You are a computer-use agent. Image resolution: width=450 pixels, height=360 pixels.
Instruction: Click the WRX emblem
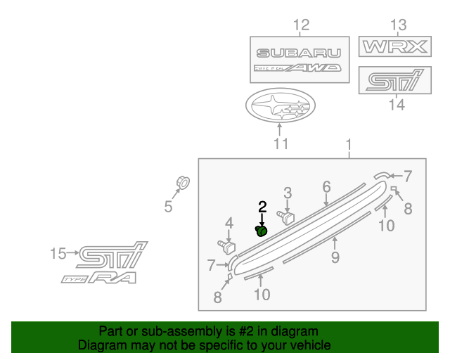click(x=394, y=48)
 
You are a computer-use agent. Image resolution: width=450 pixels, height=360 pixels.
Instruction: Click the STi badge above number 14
click(x=395, y=80)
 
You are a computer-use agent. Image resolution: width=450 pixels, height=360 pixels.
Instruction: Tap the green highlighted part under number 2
click(x=261, y=231)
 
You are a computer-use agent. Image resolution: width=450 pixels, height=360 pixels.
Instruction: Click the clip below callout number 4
click(x=228, y=247)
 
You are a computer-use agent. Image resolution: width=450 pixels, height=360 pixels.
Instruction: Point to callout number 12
click(x=301, y=27)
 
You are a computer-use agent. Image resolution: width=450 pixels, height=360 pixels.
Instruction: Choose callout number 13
click(x=398, y=26)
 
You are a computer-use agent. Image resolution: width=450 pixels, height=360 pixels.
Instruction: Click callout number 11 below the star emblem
click(x=281, y=145)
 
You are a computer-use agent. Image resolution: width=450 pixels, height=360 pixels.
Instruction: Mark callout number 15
click(x=57, y=252)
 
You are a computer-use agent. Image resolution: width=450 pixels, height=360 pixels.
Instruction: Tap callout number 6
click(x=326, y=186)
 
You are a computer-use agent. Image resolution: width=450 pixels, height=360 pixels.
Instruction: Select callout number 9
click(x=335, y=257)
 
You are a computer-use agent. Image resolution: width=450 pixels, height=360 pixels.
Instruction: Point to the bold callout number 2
click(x=262, y=207)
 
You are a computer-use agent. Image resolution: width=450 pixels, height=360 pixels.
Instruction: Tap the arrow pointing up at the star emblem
click(x=280, y=131)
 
